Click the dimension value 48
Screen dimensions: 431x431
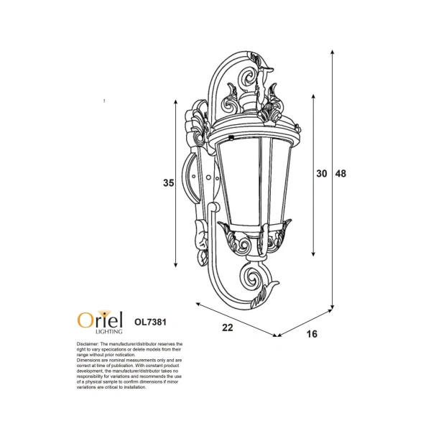tap(341, 174)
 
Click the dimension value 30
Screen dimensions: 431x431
tap(322, 174)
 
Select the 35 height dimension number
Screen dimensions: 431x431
tap(168, 183)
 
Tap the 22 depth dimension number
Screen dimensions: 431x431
tap(228, 328)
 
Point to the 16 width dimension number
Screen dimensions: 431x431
tap(311, 334)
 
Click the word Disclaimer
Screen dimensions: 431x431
tap(90, 345)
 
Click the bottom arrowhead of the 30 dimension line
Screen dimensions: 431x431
tap(314, 255)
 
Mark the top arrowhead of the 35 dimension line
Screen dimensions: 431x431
tap(176, 101)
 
